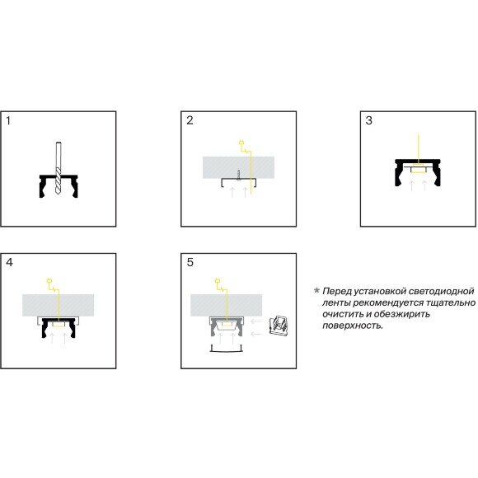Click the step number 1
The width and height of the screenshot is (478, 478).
[8, 120]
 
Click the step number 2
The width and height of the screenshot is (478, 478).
[190, 120]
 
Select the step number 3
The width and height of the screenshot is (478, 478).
[369, 120]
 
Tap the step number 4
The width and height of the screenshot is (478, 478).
[9, 262]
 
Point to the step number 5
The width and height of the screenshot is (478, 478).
[190, 262]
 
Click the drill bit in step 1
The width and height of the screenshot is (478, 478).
[59, 168]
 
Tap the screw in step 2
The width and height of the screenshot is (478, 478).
[239, 176]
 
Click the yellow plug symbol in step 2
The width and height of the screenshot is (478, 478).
[241, 143]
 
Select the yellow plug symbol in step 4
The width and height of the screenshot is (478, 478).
[49, 281]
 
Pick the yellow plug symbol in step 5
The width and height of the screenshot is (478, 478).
[218, 281]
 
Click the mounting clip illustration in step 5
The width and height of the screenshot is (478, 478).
[279, 326]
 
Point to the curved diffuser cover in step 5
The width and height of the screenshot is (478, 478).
[227, 350]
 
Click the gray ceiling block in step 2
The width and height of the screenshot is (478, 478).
[239, 167]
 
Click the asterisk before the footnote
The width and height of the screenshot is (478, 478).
[316, 290]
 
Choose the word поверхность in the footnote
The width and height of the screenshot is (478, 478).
[353, 326]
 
